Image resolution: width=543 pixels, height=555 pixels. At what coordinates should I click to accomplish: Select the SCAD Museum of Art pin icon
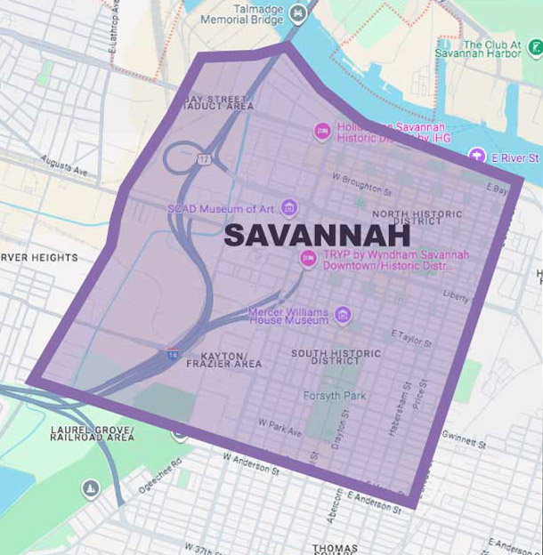(288, 208)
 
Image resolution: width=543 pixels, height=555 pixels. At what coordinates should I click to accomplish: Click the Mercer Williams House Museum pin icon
(342, 316)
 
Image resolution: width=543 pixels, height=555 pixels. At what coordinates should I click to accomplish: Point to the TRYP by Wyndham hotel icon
(308, 259)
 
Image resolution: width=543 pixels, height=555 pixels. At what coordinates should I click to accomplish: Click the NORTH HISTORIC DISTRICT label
(417, 219)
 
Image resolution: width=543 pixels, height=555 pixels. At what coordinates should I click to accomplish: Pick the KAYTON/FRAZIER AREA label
(224, 359)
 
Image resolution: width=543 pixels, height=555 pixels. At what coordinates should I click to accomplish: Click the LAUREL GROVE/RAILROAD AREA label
(93, 432)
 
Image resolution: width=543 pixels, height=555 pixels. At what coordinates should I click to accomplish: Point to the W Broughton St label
(361, 190)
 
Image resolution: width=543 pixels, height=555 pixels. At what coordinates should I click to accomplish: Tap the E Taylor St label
(411, 336)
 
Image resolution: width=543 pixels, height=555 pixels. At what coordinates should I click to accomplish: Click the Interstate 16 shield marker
(172, 354)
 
